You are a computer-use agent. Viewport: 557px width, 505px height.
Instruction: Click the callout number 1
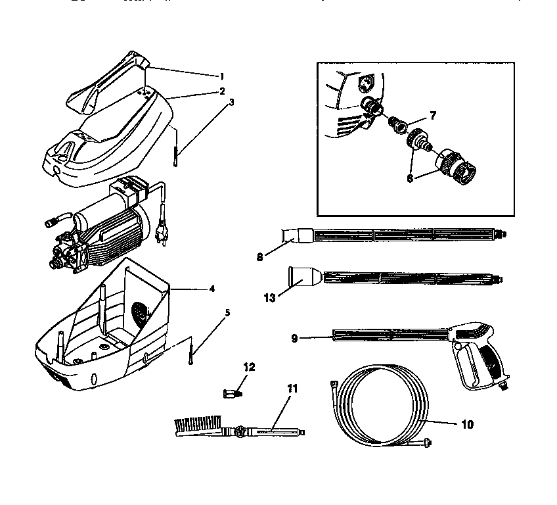click(x=221, y=76)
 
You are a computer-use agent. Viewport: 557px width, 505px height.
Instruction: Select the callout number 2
click(x=223, y=90)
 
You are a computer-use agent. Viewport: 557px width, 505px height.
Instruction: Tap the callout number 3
click(x=231, y=103)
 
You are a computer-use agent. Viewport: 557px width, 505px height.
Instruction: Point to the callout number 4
click(x=212, y=288)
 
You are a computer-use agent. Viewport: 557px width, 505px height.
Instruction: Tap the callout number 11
click(x=292, y=389)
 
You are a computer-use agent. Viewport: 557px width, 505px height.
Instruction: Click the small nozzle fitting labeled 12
click(x=231, y=393)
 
